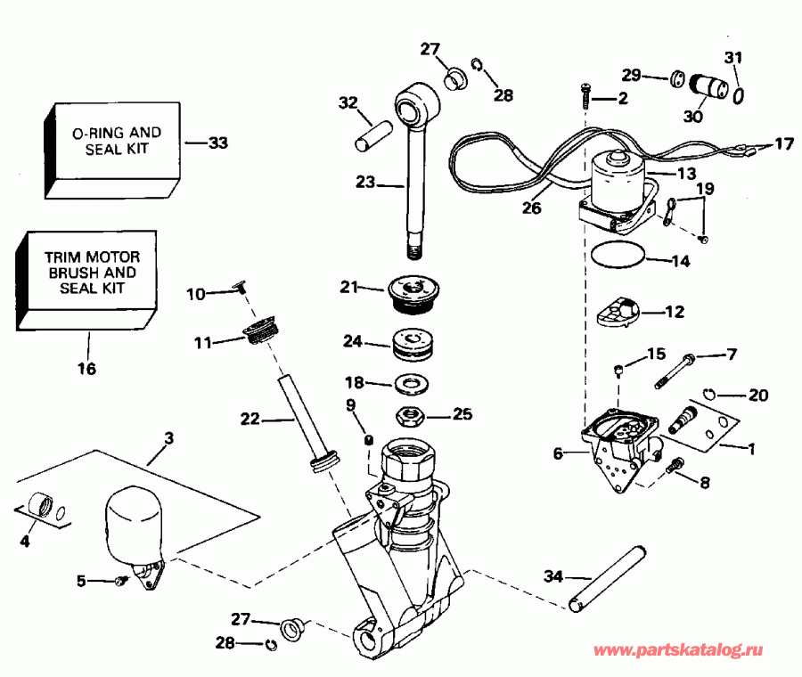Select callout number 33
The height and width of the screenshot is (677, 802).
(218, 143)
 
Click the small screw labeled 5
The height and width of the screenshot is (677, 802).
(120, 581)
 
